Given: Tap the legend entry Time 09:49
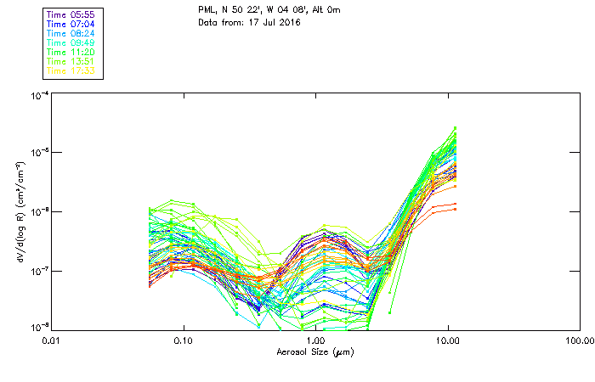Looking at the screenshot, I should pyautogui.click(x=71, y=42).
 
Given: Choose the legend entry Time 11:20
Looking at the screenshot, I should pyautogui.click(x=71, y=52).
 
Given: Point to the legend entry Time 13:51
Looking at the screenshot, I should pyautogui.click(x=71, y=61).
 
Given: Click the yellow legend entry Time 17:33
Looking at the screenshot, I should pyautogui.click(x=71, y=70).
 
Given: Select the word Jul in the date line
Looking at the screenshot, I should pyautogui.click(x=263, y=22).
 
